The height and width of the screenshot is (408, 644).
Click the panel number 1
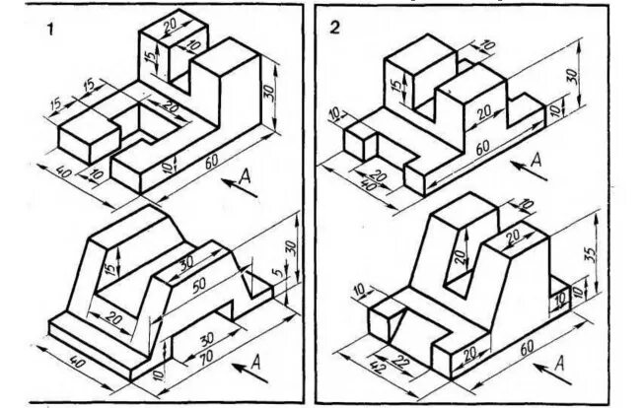click(x=48, y=29)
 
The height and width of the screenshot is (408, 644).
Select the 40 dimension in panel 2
click(x=371, y=183)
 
